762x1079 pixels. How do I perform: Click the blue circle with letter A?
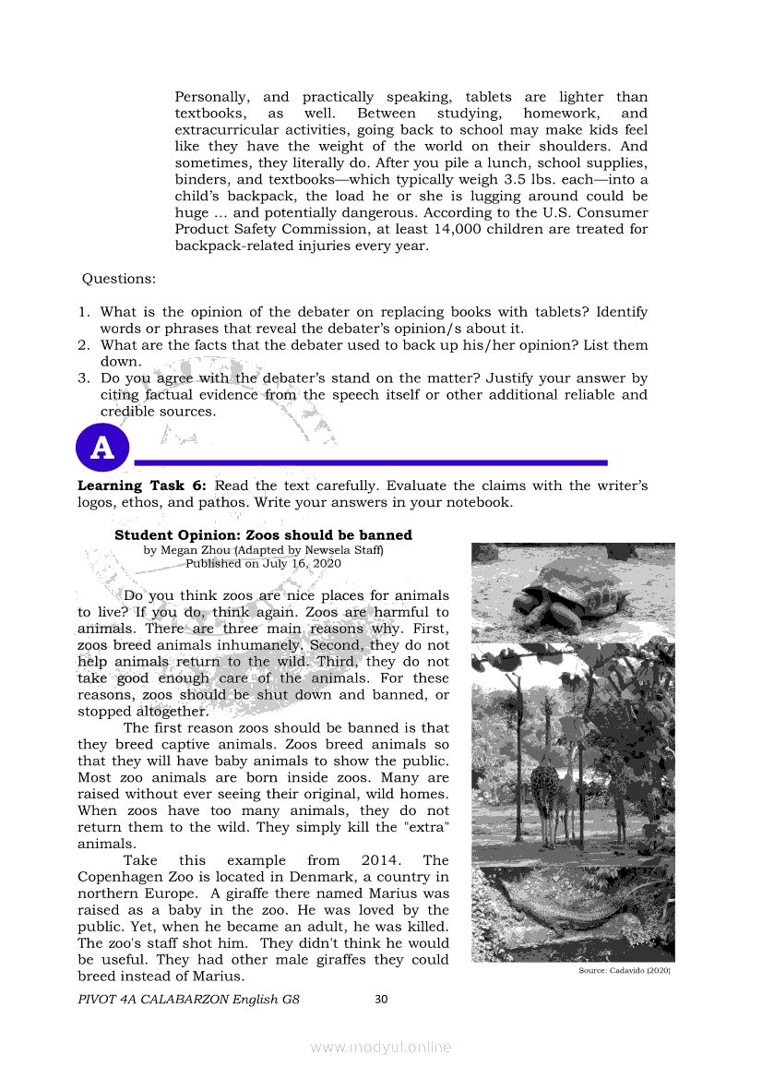[103, 448]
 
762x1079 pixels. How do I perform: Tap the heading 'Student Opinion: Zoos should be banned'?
[263, 535]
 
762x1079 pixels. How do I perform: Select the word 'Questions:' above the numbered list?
[119, 279]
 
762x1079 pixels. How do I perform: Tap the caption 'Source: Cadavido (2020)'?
[624, 972]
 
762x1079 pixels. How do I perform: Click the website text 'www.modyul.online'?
[381, 1047]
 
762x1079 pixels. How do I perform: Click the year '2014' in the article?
[381, 860]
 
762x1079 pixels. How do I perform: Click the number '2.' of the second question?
[83, 345]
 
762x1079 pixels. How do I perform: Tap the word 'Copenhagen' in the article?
[120, 877]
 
